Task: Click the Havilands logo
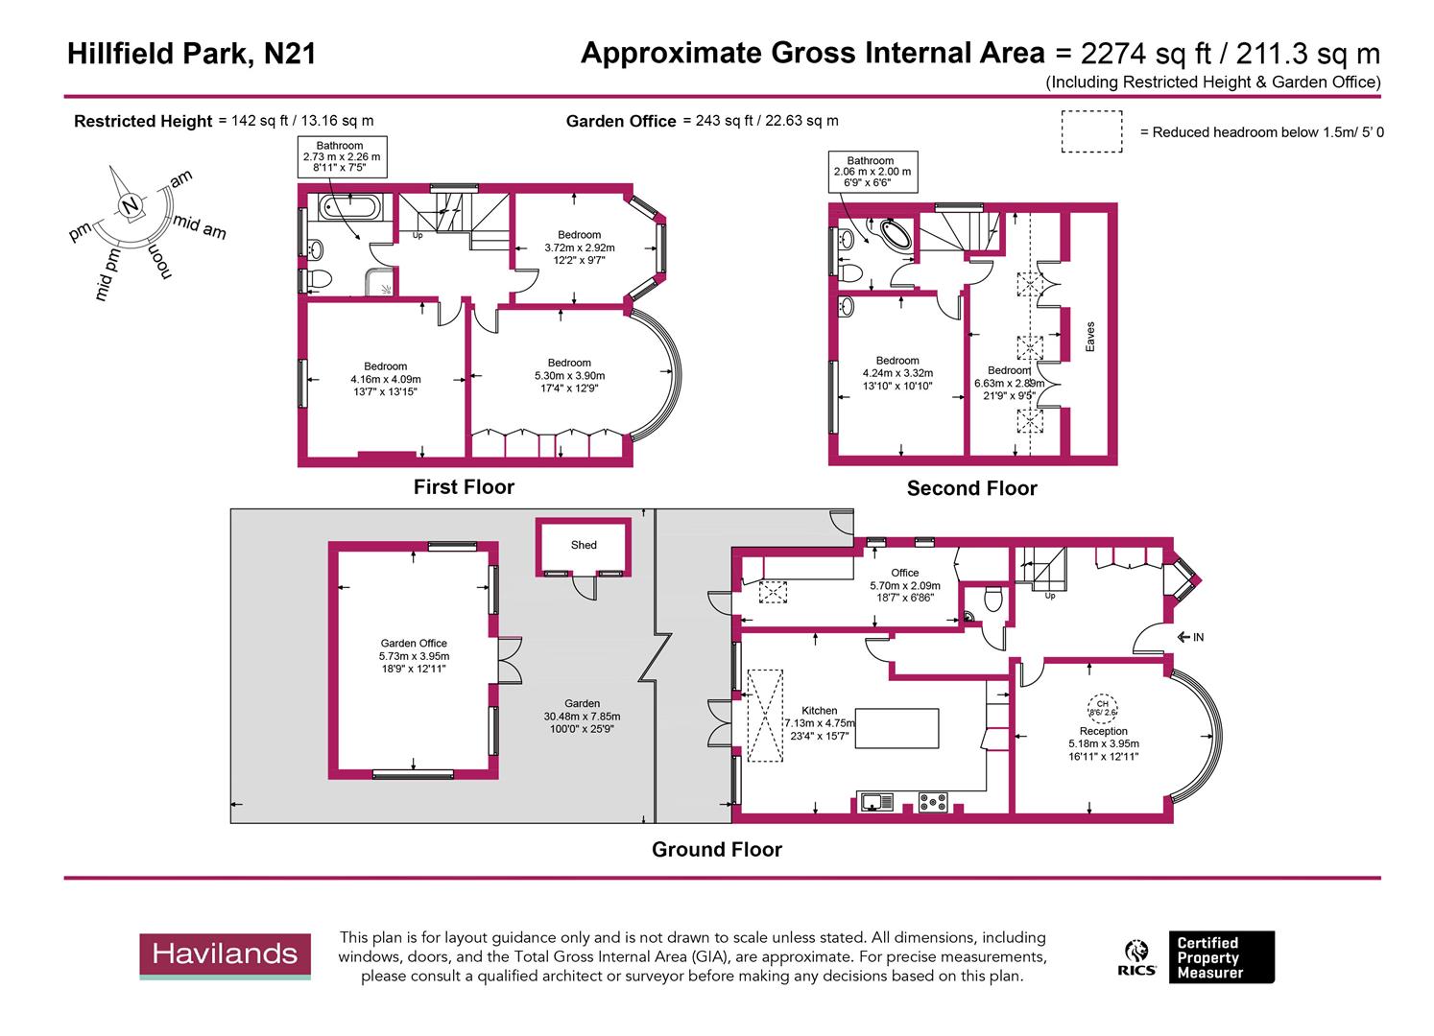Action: pyautogui.click(x=226, y=954)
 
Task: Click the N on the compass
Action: pyautogui.click(x=131, y=205)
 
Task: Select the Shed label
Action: pyautogui.click(x=584, y=545)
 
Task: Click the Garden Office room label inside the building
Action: pyautogui.click(x=414, y=644)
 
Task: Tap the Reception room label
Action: pyautogui.click(x=1103, y=731)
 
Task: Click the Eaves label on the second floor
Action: pyautogui.click(x=1089, y=336)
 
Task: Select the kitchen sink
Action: pyautogui.click(x=876, y=801)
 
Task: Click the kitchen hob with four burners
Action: pyautogui.click(x=933, y=801)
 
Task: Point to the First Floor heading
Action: pyautogui.click(x=464, y=487)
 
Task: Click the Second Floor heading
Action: pyautogui.click(x=971, y=489)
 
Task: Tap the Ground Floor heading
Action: pyautogui.click(x=716, y=850)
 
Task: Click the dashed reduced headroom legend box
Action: pyautogui.click(x=1091, y=131)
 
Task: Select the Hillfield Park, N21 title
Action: pyautogui.click(x=191, y=54)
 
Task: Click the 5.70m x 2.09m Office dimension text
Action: pyautogui.click(x=904, y=586)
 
